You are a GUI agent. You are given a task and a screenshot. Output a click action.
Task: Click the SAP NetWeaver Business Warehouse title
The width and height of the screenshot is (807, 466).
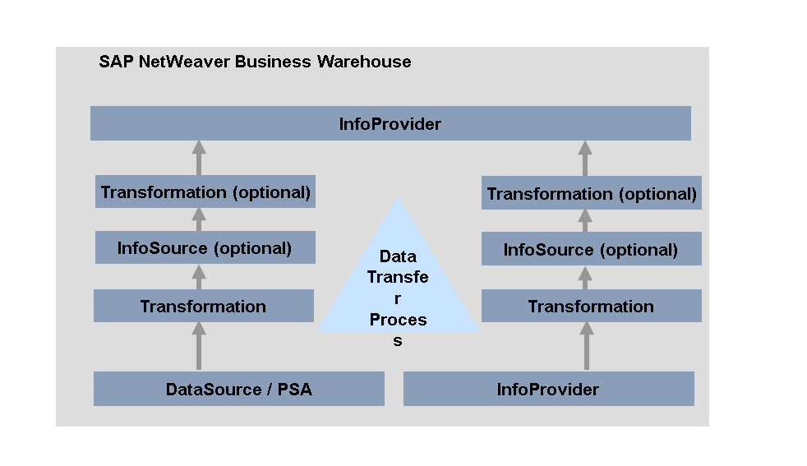point(255,62)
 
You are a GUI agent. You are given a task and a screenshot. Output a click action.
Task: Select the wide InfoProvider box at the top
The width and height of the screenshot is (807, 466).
point(390,124)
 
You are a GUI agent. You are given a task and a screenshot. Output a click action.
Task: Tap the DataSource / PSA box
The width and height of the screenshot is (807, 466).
point(238,389)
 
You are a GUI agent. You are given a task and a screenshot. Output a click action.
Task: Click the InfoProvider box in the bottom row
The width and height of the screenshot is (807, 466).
point(548,389)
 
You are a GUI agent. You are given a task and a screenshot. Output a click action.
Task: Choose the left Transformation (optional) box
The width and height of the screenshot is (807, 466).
point(205,192)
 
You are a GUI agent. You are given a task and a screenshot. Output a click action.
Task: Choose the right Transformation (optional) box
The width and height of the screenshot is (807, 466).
point(592,194)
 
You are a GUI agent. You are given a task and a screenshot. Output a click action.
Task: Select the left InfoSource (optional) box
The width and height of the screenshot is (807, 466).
point(205,248)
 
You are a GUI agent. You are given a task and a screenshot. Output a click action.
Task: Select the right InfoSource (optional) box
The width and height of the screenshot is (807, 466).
point(591,249)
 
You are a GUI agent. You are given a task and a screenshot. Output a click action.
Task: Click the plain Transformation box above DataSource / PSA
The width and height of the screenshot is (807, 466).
point(203,306)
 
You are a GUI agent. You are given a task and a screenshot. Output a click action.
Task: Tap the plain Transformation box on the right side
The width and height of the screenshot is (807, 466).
point(591,306)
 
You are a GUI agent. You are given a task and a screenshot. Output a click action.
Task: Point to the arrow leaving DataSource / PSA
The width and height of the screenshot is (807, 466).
point(198,346)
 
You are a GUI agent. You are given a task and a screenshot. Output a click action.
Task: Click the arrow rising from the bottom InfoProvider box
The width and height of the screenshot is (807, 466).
point(586,346)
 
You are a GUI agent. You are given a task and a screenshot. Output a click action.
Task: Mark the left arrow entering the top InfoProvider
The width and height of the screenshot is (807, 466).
point(198,158)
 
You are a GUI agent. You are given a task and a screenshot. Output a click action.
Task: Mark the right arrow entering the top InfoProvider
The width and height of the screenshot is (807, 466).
point(585,158)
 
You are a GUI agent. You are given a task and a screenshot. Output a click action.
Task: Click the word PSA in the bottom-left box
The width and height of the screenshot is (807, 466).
point(294,389)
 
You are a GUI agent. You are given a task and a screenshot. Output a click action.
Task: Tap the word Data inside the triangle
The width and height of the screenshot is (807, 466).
point(398,256)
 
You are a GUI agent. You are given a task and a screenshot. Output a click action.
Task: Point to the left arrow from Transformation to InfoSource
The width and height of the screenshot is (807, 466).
point(198,276)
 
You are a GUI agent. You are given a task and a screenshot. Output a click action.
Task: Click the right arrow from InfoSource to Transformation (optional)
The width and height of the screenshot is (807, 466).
point(585,220)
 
